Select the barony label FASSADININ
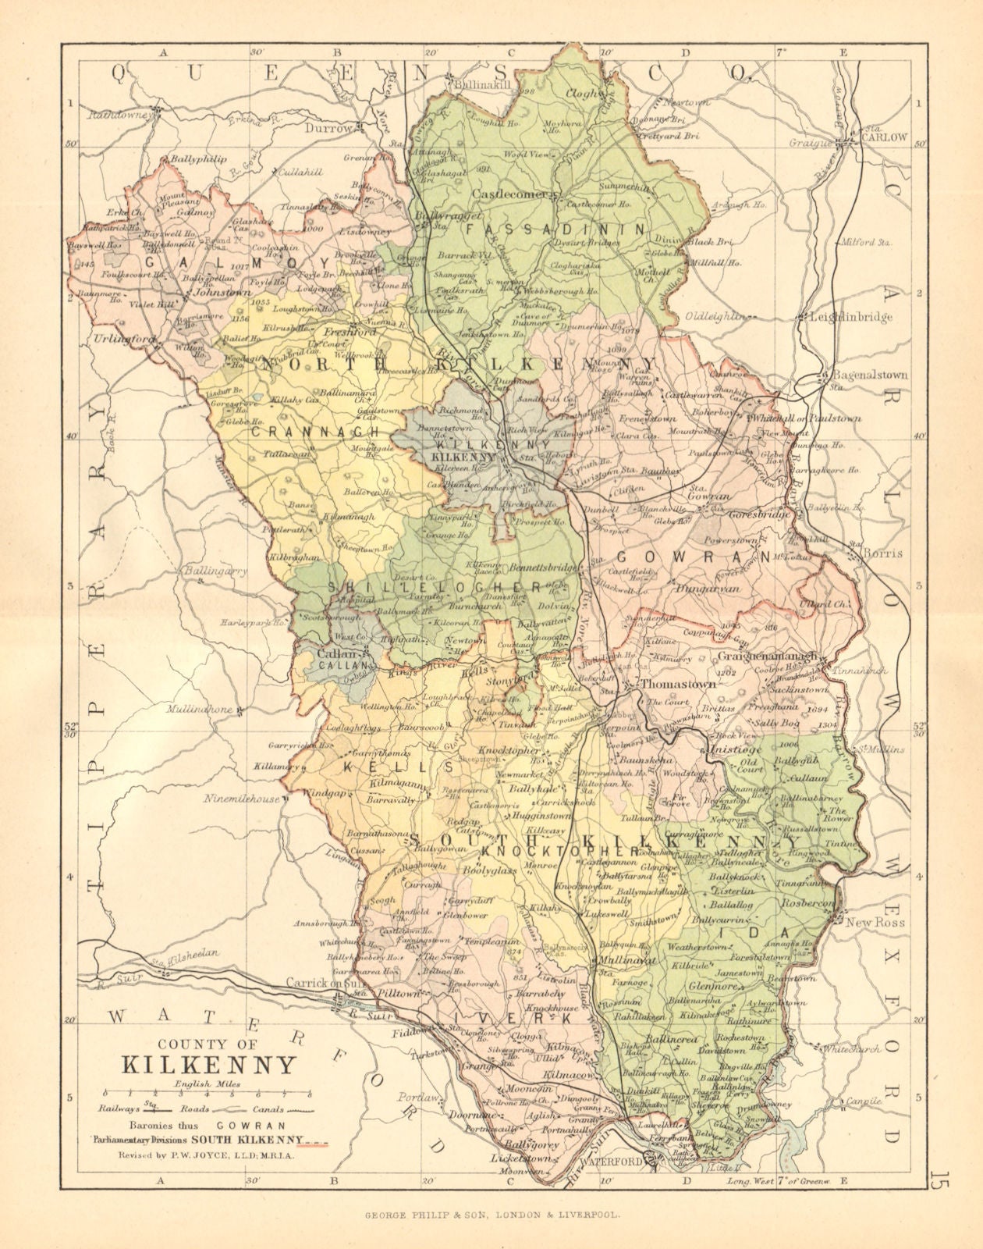[x=555, y=230]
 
